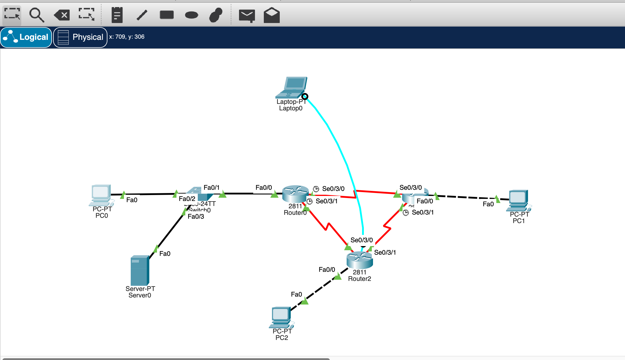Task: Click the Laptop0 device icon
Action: tap(291, 87)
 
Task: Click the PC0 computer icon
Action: tap(101, 195)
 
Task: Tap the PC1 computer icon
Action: tap(518, 200)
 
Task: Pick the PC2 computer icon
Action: tap(281, 317)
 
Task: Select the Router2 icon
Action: tap(359, 260)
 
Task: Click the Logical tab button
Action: tap(26, 37)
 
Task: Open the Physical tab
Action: tap(80, 37)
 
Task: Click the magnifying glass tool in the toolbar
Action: tap(37, 15)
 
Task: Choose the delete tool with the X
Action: tap(62, 15)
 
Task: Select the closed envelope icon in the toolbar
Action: tap(247, 15)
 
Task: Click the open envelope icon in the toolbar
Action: tap(271, 15)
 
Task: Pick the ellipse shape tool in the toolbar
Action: tap(192, 15)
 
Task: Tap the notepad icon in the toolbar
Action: tap(117, 15)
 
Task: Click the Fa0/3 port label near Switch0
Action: tap(196, 217)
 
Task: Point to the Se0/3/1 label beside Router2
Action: tap(385, 253)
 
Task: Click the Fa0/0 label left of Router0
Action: tap(264, 188)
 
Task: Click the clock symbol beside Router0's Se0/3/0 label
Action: tap(316, 189)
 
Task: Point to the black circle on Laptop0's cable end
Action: tap(305, 96)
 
